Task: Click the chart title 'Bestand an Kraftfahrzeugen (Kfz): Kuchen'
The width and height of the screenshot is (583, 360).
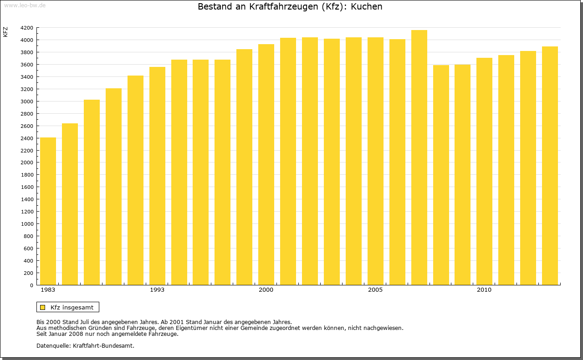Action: [290, 7]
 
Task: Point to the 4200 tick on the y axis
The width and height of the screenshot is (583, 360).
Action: [26, 28]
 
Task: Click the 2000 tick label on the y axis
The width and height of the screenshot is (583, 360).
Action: [26, 162]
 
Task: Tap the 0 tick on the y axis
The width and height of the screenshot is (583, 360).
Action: [31, 285]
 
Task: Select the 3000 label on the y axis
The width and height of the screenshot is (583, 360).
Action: [26, 101]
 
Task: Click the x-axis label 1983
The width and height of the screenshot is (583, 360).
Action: [48, 290]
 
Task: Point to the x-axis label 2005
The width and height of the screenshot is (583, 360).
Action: [375, 290]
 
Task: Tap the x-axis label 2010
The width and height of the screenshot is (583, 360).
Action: [484, 290]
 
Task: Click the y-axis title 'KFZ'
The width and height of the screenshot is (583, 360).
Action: [5, 32]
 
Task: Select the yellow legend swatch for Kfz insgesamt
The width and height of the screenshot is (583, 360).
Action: [42, 307]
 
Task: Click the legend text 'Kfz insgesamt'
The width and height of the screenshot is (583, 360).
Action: [72, 307]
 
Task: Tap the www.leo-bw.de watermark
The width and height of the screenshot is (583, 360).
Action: [24, 5]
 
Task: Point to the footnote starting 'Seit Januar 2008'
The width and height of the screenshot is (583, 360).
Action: [107, 334]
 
